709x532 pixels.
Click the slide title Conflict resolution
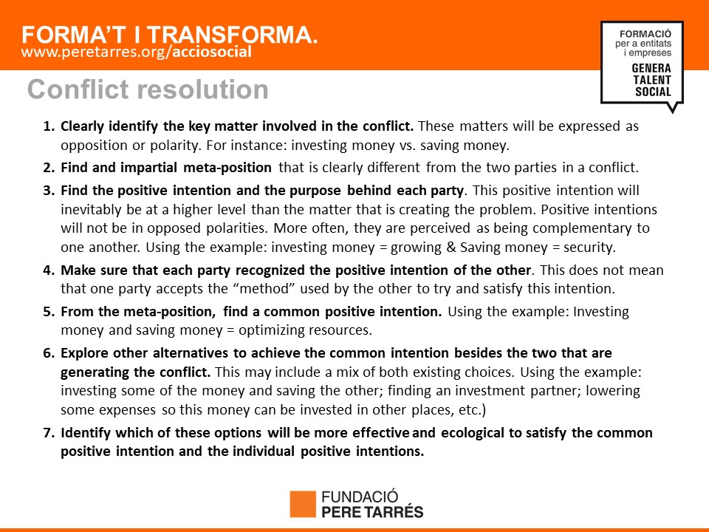(x=148, y=89)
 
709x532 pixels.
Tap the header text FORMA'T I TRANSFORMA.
(x=170, y=35)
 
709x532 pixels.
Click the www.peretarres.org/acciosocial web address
(x=136, y=52)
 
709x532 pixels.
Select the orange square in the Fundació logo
(x=303, y=504)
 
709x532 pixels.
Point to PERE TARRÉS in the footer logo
(x=372, y=511)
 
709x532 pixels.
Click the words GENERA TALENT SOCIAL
(x=651, y=80)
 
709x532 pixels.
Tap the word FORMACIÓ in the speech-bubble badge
(x=645, y=34)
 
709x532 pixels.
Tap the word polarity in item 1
(x=172, y=146)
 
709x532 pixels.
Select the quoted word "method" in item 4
(x=264, y=289)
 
